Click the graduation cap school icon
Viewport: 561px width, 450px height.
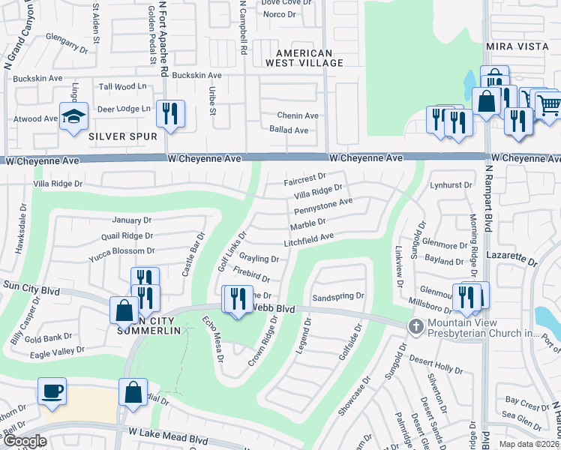click(73, 117)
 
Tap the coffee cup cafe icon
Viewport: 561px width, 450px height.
click(52, 391)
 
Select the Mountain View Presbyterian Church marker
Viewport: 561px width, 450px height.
click(415, 326)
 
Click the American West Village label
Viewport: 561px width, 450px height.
click(304, 58)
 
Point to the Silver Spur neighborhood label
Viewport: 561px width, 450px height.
click(122, 136)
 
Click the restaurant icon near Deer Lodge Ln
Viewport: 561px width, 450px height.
click(170, 114)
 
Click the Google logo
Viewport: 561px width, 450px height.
click(24, 442)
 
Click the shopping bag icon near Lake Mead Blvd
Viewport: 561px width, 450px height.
click(133, 392)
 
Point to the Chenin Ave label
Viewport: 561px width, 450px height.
click(298, 115)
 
